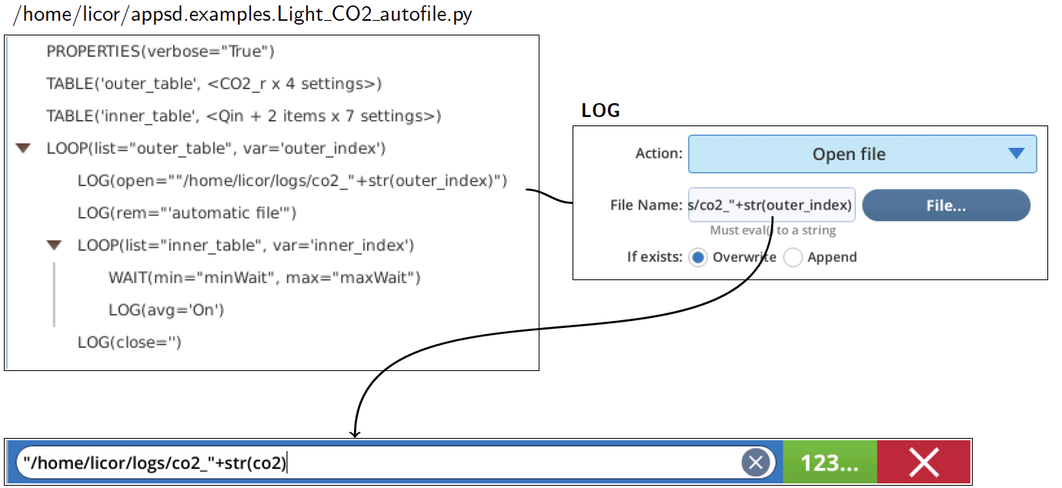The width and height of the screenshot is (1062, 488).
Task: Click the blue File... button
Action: tap(946, 206)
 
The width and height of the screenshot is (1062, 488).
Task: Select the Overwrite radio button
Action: tap(698, 258)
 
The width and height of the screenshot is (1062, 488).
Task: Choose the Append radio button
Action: tap(793, 258)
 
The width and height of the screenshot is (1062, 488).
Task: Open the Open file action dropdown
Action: tap(863, 154)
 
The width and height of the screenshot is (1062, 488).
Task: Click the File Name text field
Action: tap(771, 205)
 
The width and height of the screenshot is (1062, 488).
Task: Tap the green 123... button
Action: tap(830, 463)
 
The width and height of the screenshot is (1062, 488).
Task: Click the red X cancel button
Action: tap(924, 463)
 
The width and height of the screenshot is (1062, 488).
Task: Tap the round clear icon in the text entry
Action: tap(756, 463)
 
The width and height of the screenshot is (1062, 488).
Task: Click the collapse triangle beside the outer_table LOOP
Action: tap(23, 149)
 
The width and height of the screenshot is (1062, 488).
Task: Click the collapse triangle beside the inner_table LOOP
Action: tap(54, 246)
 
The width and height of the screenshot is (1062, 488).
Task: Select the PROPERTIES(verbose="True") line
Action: tap(160, 52)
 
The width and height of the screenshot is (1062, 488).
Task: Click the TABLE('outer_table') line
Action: tap(214, 84)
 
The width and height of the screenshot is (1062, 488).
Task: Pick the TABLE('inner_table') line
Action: tap(244, 116)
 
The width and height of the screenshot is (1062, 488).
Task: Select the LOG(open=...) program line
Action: tap(292, 181)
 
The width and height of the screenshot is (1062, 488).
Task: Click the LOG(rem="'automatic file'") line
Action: tap(187, 213)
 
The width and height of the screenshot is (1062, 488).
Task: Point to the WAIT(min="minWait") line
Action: tap(265, 277)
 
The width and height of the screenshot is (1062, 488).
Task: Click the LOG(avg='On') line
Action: tap(166, 310)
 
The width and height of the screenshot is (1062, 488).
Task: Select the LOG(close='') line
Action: tap(129, 343)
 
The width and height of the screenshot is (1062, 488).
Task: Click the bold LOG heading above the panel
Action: tap(601, 111)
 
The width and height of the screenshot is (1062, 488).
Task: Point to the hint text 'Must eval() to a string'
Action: tap(773, 230)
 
